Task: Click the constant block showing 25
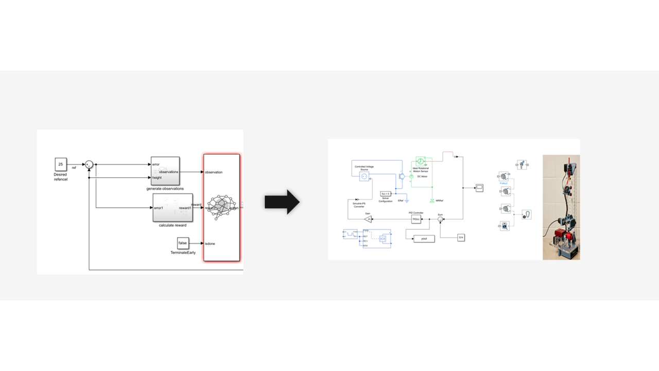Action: pos(61,164)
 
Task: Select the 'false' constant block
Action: pos(182,243)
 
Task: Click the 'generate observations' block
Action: pos(165,171)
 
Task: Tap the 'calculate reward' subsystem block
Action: pos(173,208)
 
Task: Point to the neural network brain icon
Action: pos(220,207)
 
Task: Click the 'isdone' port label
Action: pos(210,244)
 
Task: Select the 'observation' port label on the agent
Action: pos(214,172)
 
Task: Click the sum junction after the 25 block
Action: pos(89,164)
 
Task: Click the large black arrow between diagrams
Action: pos(282,202)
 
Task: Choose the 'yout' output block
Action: pos(424,239)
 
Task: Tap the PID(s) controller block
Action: pos(416,220)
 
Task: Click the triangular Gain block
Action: pos(368,220)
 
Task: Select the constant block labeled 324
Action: pos(461,237)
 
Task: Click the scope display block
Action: pos(479,188)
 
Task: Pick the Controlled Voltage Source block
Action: pos(364,176)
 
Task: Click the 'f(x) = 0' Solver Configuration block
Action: pos(386,194)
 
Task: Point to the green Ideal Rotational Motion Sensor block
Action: pos(420,161)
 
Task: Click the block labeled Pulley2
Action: pos(505,176)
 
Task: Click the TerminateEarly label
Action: pos(183,252)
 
